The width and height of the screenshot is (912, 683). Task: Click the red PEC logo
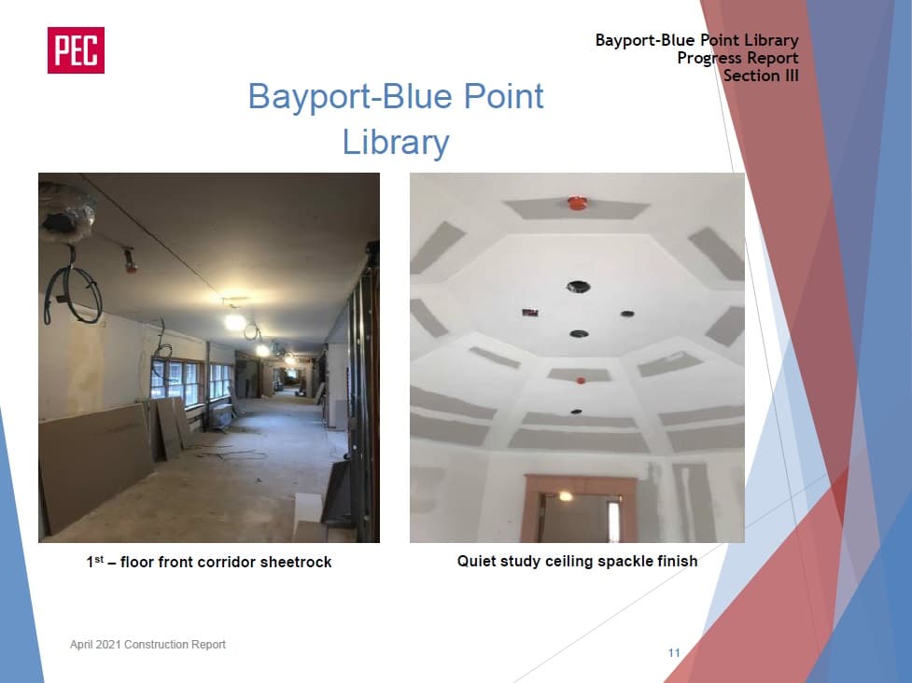(x=76, y=50)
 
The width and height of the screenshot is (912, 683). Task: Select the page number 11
(x=674, y=653)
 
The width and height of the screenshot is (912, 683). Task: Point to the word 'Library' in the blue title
(x=396, y=142)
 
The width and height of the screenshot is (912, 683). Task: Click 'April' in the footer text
(x=81, y=645)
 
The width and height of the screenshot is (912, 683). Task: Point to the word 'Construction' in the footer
(x=153, y=644)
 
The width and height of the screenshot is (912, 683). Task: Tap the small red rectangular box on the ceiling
(x=530, y=313)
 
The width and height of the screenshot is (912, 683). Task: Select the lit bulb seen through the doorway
(x=566, y=495)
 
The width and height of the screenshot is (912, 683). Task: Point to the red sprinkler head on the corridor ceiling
(x=129, y=261)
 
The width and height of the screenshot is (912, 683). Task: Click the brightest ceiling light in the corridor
(x=235, y=322)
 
